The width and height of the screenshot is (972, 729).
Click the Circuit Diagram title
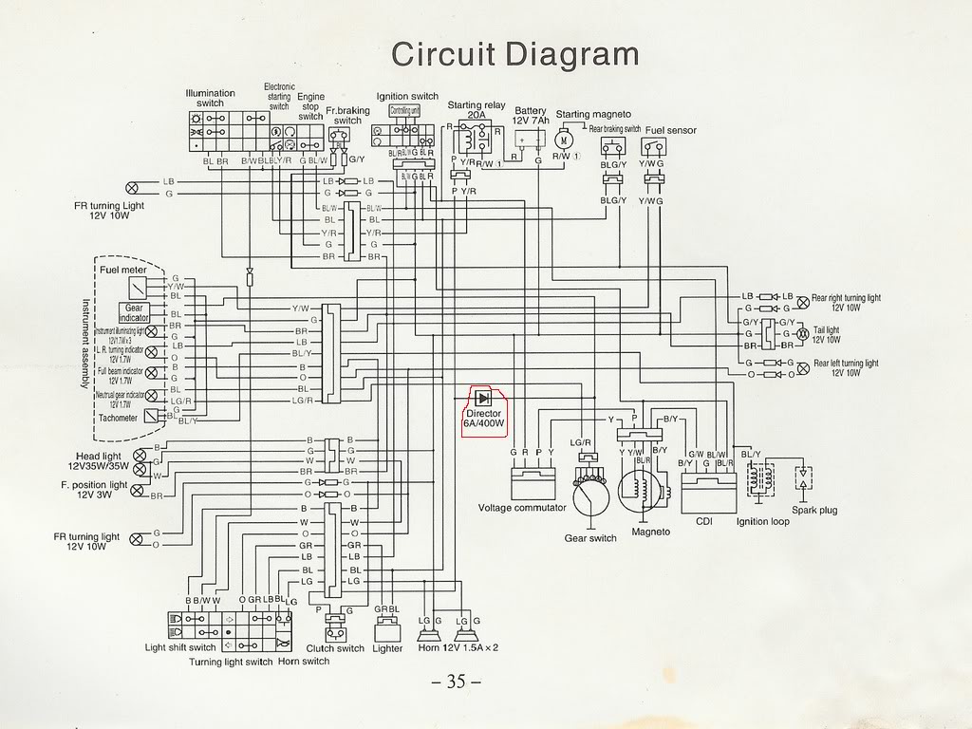click(515, 53)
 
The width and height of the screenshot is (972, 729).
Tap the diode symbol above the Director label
click(484, 398)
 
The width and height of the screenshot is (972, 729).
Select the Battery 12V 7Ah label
click(530, 115)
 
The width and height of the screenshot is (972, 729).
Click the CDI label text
click(703, 521)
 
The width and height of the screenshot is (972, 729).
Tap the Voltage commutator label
click(522, 507)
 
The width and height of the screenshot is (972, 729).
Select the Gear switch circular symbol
click(590, 493)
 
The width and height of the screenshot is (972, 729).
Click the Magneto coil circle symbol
click(638, 491)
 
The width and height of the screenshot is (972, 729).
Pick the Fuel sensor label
click(671, 130)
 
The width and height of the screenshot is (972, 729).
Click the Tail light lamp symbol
click(800, 334)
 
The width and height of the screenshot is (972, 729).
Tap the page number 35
click(456, 682)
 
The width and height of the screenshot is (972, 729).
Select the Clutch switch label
click(335, 649)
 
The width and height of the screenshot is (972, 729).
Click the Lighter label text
click(387, 649)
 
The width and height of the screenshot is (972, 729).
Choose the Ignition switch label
click(407, 97)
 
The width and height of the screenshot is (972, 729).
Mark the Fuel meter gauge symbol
click(140, 287)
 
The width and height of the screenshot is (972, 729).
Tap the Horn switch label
click(304, 662)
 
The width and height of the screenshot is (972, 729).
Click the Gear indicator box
click(134, 312)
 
